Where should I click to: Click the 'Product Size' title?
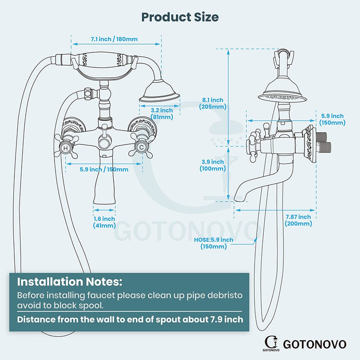pos(180,17)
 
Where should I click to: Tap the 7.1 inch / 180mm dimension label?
pos(114,39)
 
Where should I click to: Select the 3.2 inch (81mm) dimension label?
pos(162,114)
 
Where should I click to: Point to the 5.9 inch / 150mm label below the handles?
pos(104,169)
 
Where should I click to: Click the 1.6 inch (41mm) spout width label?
pos(104,222)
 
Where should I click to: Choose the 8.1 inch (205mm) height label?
pos(212,103)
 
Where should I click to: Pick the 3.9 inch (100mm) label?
pos(212,165)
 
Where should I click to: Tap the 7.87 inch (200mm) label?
pos(298,220)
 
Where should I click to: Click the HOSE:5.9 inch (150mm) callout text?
pos(213,243)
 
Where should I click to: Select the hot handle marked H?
pos(66,148)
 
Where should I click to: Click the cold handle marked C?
pos(141,147)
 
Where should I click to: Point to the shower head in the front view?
pos(159,91)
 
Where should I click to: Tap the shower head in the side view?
pos(282,91)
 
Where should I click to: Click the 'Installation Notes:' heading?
pos(70,282)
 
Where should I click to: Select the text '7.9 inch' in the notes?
pos(227,319)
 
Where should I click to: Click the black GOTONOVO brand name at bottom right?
pos(315,345)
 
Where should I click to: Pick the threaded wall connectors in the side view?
pos(323,143)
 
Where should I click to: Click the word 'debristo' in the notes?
pos(225,295)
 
